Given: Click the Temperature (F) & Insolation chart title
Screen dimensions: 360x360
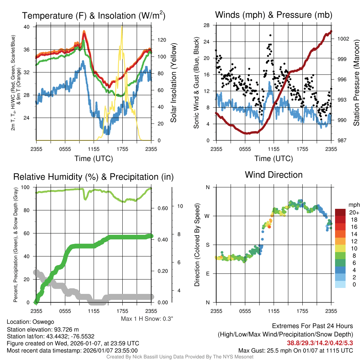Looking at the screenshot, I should [94, 15].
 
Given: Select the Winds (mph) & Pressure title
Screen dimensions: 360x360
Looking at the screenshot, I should [274, 15].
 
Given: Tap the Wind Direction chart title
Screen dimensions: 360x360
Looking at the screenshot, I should [274, 175].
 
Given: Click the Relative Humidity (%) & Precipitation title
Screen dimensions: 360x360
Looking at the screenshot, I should [93, 176].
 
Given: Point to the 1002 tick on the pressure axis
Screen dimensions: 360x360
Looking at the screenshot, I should [343, 39].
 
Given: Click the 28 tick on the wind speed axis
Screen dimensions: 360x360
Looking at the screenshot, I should [207, 25].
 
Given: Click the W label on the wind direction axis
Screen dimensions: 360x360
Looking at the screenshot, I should [207, 216].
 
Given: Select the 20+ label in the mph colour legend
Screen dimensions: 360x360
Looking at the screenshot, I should [353, 213].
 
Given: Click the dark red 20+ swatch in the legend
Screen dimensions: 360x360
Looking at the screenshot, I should [341, 213].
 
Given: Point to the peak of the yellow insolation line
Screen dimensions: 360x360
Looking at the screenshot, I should [122, 27].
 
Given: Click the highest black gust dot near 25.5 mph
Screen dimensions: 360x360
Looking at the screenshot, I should [270, 35].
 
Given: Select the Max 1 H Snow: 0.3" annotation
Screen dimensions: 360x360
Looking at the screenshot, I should [147, 319].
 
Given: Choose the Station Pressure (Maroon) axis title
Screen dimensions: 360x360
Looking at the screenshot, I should [356, 83].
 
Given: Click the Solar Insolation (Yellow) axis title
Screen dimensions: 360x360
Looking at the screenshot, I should [173, 83].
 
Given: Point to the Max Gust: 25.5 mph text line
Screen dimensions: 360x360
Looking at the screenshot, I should [295, 351].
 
